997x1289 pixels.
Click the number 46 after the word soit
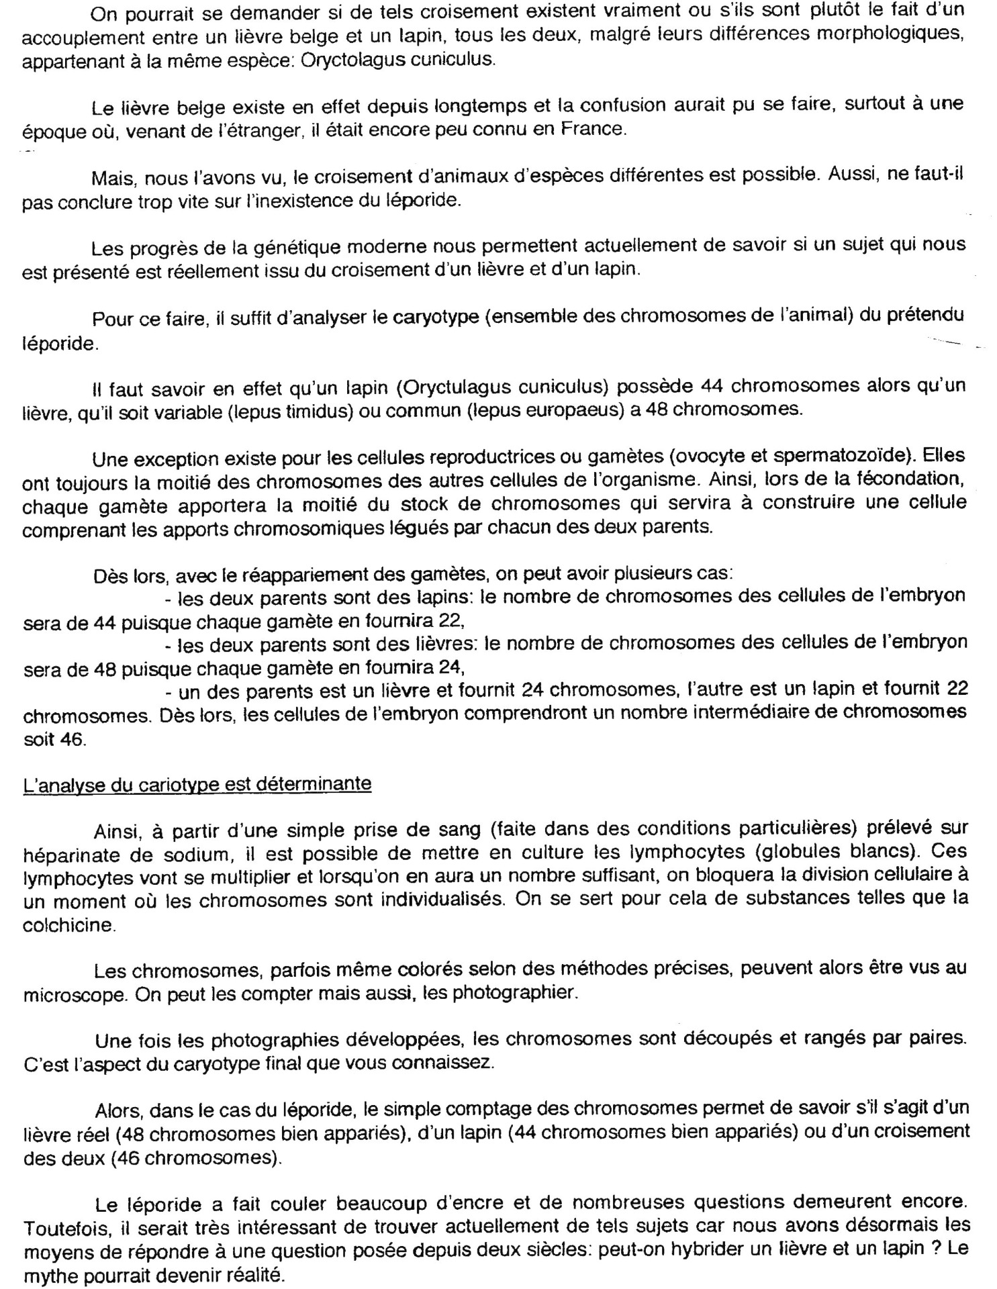point(70,739)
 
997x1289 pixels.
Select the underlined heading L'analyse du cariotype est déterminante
point(197,783)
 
